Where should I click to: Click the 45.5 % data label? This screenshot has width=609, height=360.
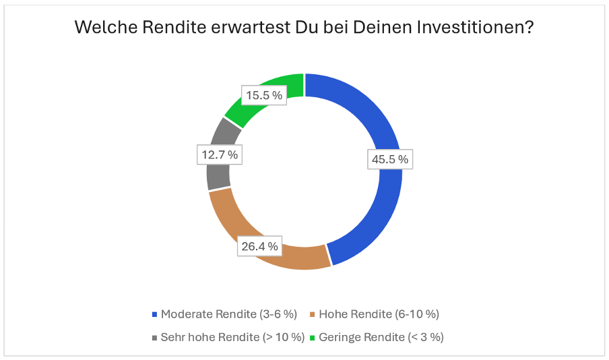tap(389, 159)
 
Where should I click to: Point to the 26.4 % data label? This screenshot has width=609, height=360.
tap(259, 246)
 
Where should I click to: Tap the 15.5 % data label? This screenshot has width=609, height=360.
tap(263, 95)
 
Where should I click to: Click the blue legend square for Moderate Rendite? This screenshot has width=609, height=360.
tap(155, 314)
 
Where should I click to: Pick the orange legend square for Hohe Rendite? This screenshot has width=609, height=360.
tap(313, 314)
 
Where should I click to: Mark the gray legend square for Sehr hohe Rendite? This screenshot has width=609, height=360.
tap(155, 337)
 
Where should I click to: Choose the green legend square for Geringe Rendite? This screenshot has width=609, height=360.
tap(313, 337)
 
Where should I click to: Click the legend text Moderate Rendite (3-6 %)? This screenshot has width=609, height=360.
tap(229, 314)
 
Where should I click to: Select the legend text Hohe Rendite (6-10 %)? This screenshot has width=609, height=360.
tap(379, 314)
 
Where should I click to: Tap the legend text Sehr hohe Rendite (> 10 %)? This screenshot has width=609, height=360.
tap(232, 337)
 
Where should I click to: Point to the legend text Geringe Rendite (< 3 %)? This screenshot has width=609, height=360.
tap(381, 337)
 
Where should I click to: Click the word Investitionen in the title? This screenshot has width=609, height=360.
tap(469, 28)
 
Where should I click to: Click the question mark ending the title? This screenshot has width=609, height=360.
tap(530, 28)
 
